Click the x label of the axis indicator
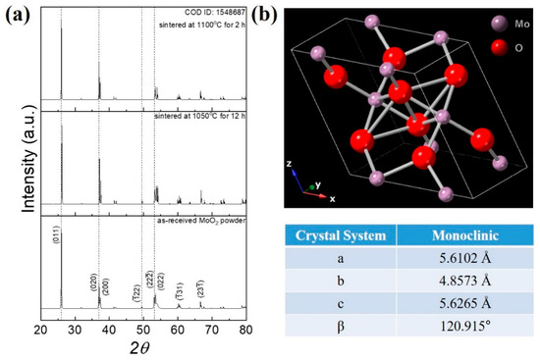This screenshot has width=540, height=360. pos(332,197)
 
